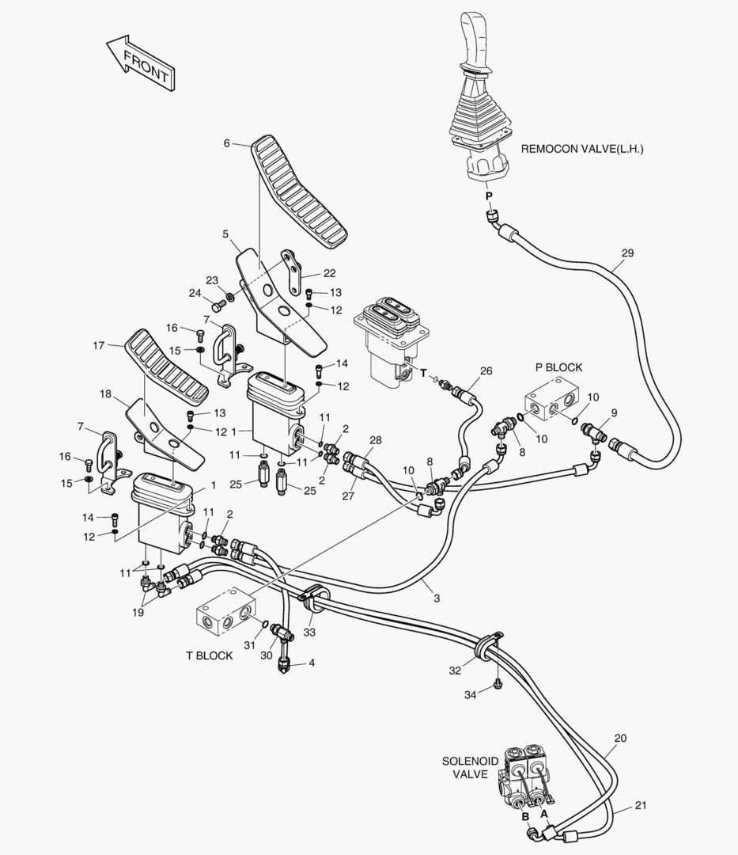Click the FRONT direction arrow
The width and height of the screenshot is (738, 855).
[x=142, y=64]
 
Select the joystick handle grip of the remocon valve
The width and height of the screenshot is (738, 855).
[x=479, y=40]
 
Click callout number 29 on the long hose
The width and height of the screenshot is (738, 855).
[x=627, y=253]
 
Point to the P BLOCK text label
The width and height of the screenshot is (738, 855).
[x=558, y=367]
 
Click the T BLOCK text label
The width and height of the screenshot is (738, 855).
[x=209, y=655]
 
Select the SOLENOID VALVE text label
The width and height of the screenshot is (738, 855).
[x=470, y=768]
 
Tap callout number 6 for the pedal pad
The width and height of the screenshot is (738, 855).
[x=226, y=143]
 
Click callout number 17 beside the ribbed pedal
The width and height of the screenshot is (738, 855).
[x=99, y=345]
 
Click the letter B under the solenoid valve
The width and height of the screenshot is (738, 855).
[x=524, y=816]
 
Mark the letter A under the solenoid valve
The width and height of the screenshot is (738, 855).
[x=544, y=812]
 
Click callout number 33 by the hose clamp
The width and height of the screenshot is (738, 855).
[x=309, y=632]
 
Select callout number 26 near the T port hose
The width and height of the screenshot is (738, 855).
[x=486, y=370]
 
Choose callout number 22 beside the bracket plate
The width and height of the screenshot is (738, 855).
[x=307, y=273]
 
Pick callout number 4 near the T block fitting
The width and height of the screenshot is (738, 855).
[x=311, y=662]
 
